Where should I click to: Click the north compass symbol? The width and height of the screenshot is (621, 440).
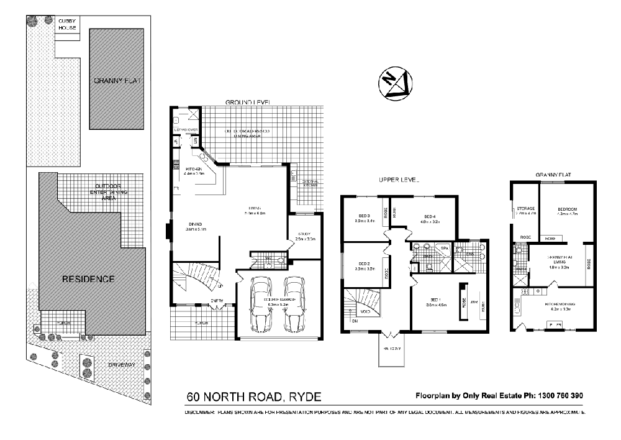point(394,85)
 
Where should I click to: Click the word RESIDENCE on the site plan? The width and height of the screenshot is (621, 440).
point(88,278)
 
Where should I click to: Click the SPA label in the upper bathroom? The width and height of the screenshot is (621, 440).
point(444,248)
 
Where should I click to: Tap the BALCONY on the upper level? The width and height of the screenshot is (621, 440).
point(394,348)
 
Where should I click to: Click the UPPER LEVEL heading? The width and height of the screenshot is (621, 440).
point(399,180)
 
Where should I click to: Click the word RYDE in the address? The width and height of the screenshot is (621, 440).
point(304,396)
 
